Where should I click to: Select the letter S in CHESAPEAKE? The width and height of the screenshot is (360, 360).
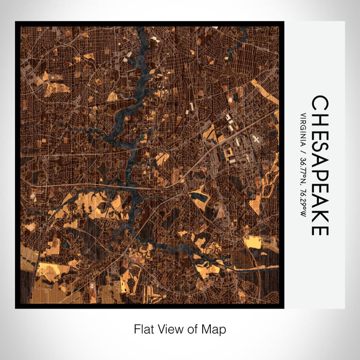(x=320, y=149)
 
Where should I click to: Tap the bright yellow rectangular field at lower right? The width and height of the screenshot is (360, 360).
(x=253, y=241)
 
